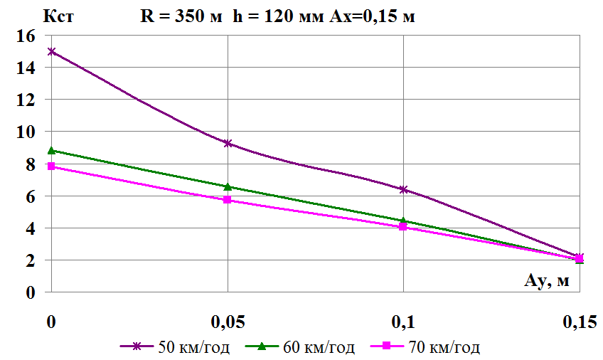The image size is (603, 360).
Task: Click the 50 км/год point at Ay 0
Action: pyautogui.click(x=51, y=51)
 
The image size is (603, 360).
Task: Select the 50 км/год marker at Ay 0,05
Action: pyautogui.click(x=228, y=143)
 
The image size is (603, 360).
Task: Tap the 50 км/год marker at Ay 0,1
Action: pyautogui.click(x=403, y=189)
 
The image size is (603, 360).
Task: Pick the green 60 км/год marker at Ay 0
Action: pyautogui.click(x=51, y=150)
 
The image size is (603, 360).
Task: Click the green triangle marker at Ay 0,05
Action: pyautogui.click(x=228, y=186)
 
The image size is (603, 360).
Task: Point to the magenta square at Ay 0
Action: pyautogui.click(x=51, y=166)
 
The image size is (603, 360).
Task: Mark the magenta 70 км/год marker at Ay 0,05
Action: pyautogui.click(x=228, y=200)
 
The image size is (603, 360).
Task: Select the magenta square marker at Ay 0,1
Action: pyautogui.click(x=403, y=227)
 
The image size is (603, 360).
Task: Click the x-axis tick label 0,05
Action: pyautogui.click(x=228, y=322)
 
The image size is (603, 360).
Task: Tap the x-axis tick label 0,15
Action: pyautogui.click(x=579, y=322)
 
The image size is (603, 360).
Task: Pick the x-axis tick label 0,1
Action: pyautogui.click(x=403, y=322)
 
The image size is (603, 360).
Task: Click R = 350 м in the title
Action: pyautogui.click(x=181, y=16)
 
